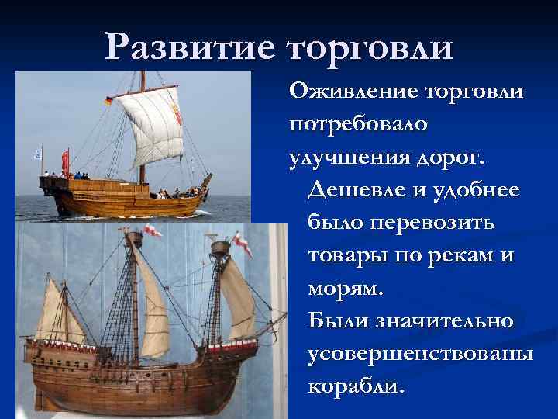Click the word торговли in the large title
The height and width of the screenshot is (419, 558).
[370, 49]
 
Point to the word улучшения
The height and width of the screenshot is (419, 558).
[346, 158]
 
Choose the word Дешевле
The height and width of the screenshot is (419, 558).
[356, 189]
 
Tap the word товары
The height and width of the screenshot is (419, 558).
[346, 255]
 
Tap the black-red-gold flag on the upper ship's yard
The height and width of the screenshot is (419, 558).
[108, 101]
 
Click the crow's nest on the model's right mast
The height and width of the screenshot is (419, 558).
[220, 248]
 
